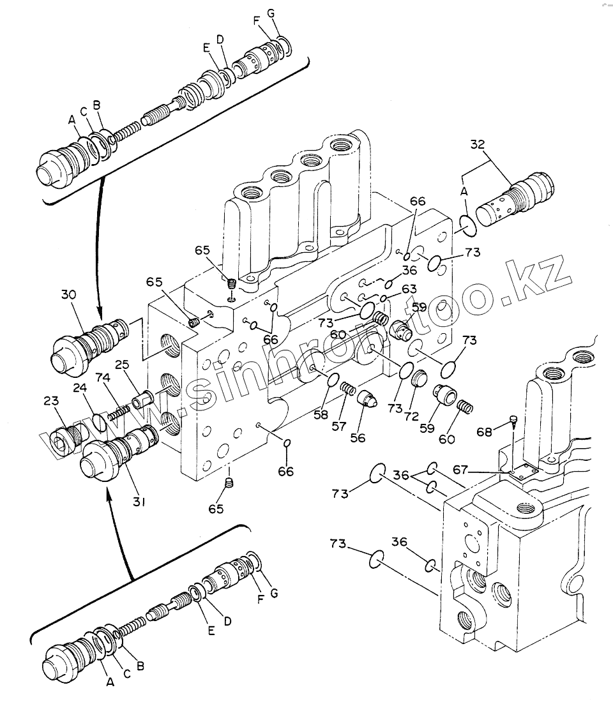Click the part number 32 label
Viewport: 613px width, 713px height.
coord(478,145)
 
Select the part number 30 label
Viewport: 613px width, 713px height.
coord(69,295)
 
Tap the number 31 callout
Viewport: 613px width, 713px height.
coord(139,502)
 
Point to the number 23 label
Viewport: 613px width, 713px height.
coord(51,400)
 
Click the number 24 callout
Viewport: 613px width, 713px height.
coord(80,387)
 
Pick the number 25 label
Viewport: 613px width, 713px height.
coord(122,364)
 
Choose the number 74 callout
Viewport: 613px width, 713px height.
coord(103,377)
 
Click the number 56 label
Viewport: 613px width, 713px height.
coord(358,437)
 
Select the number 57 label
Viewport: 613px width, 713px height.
coord(339,426)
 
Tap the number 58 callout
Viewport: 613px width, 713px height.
coord(321,414)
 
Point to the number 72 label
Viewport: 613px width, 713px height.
coord(411,416)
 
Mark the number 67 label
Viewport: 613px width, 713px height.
coord(460,469)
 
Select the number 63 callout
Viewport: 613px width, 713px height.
coord(409,289)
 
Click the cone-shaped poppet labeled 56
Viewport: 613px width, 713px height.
coord(367,399)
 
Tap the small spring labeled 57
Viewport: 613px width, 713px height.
coord(348,389)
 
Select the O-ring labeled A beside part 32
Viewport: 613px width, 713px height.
coord(467,226)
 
